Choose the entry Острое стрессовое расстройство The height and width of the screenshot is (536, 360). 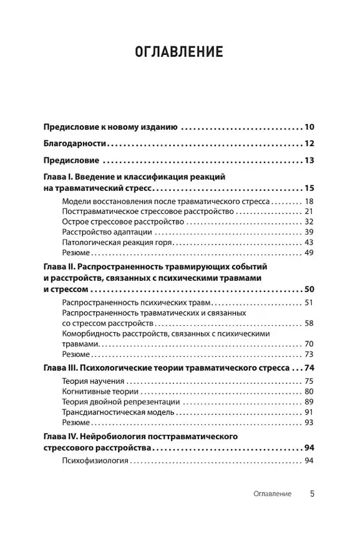coord(123,222)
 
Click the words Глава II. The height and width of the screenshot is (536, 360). coord(61,267)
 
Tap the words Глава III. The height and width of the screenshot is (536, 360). coord(62,368)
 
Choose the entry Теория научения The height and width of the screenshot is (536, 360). coord(94,381)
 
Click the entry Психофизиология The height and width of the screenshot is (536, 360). coord(95,461)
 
